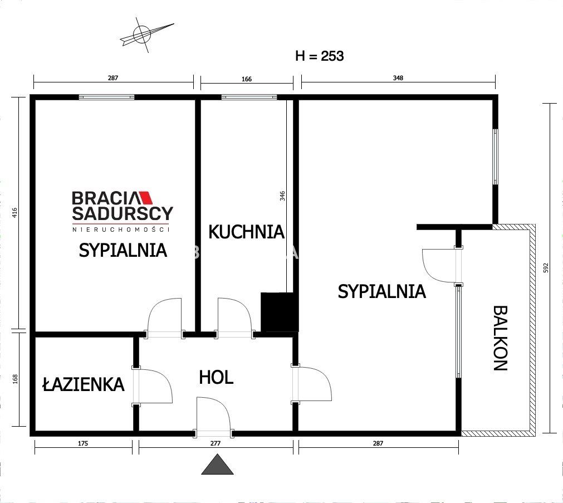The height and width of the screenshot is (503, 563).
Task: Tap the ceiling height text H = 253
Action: (319, 56)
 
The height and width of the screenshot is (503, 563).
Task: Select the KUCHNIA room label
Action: (246, 232)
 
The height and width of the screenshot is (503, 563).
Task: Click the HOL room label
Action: (216, 378)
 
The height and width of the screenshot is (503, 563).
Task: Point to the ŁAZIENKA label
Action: (83, 384)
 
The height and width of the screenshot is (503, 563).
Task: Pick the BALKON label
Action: (500, 338)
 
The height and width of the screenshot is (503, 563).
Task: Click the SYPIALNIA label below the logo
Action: (123, 250)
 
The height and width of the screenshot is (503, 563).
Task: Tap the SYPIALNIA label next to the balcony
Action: (381, 291)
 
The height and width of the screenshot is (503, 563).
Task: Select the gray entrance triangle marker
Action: (217, 465)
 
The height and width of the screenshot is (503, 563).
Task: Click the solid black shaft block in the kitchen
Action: (280, 312)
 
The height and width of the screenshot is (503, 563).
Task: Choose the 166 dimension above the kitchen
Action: (246, 79)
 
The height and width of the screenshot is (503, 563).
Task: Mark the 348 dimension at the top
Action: (398, 79)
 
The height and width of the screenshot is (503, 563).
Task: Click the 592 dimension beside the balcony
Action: (546, 268)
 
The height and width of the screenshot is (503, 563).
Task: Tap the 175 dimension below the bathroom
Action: (83, 444)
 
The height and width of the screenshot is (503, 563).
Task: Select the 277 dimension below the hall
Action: (216, 444)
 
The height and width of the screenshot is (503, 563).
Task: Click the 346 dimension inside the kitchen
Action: (282, 196)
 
